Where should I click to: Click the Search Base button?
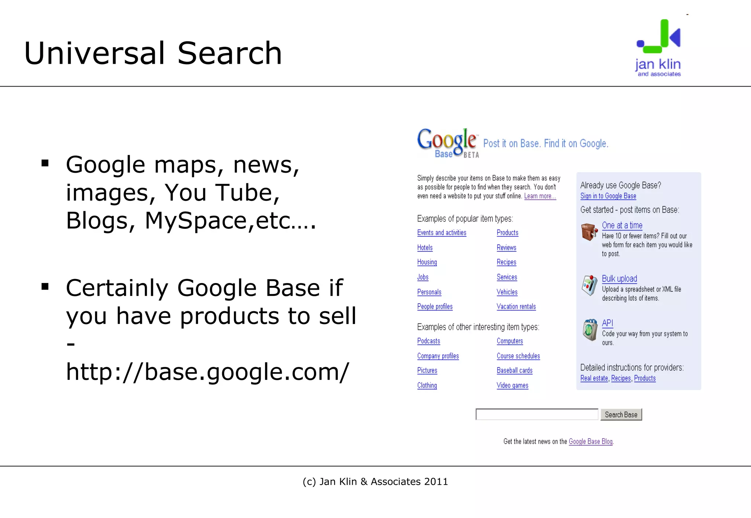(x=621, y=415)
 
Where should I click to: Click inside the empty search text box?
(x=536, y=415)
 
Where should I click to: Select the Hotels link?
(x=425, y=248)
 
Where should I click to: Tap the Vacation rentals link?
(x=516, y=306)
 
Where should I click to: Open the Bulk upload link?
(x=619, y=279)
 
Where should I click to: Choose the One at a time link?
(x=622, y=225)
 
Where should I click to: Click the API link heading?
(x=607, y=323)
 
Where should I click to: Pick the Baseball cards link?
(x=514, y=371)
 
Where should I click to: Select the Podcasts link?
(x=428, y=341)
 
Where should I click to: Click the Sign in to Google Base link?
(x=608, y=196)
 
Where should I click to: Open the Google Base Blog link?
(x=590, y=442)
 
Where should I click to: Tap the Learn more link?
(x=540, y=196)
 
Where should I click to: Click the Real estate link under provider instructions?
(x=594, y=378)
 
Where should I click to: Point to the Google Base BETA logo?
(x=448, y=143)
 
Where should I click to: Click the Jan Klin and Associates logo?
(x=659, y=48)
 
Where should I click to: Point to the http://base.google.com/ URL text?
(x=207, y=372)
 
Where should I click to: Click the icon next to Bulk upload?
(x=589, y=285)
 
